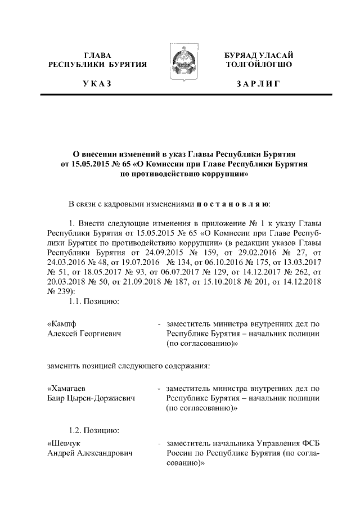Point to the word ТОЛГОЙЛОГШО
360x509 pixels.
coord(258,65)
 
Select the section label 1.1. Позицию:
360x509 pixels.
coord(92,303)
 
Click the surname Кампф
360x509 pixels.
coord(62,325)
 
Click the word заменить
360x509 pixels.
coord(65,366)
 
